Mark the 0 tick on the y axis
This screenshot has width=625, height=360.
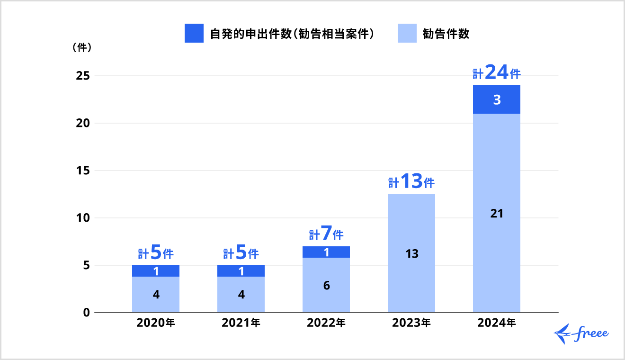click(87, 313)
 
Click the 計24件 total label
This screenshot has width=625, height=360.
click(497, 73)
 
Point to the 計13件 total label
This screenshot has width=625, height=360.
click(411, 182)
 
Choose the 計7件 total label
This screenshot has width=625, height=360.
click(326, 234)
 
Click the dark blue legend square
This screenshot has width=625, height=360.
click(194, 33)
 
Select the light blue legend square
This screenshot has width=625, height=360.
click(407, 33)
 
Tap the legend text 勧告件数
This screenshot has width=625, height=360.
click(446, 34)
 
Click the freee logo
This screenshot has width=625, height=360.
click(581, 334)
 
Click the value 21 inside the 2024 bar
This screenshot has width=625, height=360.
click(497, 214)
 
